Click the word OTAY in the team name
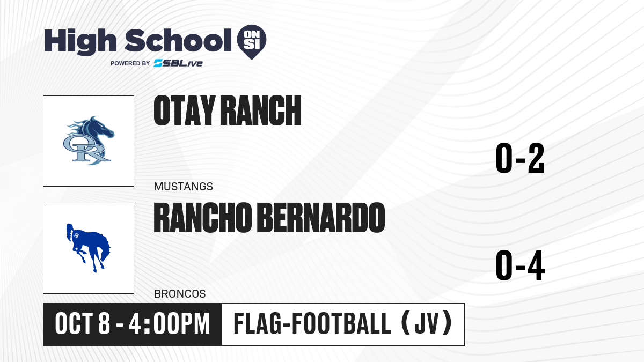click(x=184, y=110)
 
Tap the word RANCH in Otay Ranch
click(x=261, y=110)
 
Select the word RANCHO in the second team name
click(x=203, y=218)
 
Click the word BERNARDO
click(x=321, y=218)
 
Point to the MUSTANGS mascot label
click(x=184, y=187)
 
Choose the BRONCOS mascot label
click(x=180, y=294)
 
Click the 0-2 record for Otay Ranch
click(x=520, y=158)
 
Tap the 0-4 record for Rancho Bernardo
click(x=520, y=265)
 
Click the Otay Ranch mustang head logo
click(x=89, y=141)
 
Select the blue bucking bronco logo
click(x=88, y=248)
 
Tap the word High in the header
click(x=80, y=42)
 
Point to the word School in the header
click(x=178, y=41)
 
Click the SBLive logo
click(x=178, y=63)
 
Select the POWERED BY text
click(x=130, y=63)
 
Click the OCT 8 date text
click(x=83, y=323)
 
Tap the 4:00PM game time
click(x=170, y=323)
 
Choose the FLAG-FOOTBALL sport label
click(x=312, y=323)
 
